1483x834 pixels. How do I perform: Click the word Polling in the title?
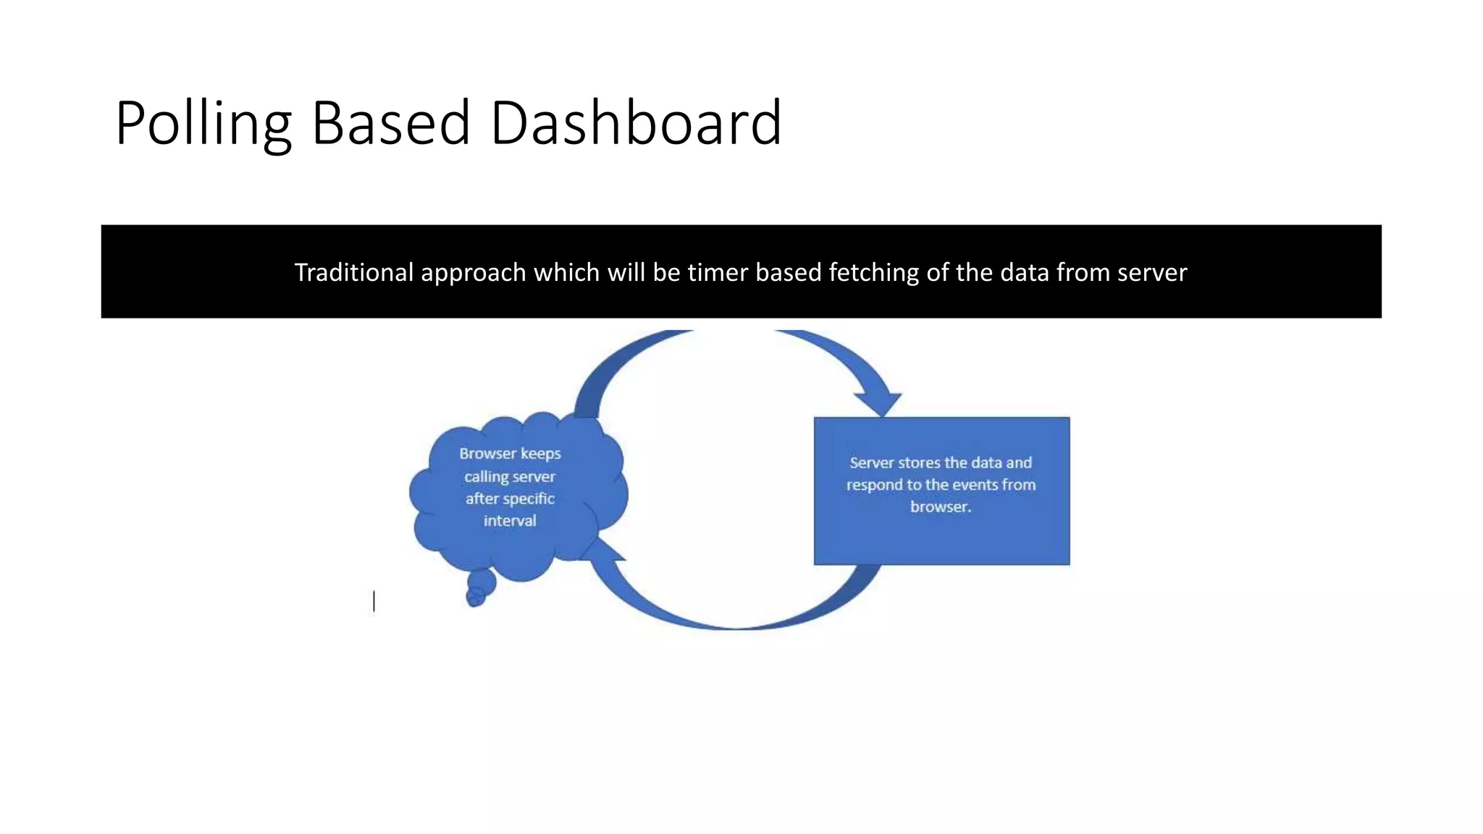pos(203,123)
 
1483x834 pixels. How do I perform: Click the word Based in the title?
pos(390,123)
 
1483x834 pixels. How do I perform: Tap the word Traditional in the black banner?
pos(353,272)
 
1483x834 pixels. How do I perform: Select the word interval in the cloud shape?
pos(510,521)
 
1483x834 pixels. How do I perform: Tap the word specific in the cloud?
pos(529,499)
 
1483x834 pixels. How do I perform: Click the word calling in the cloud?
pos(487,477)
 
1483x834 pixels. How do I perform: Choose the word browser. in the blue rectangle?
pos(941,507)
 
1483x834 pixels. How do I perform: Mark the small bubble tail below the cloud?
pos(479,585)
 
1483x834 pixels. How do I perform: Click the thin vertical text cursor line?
pos(374,602)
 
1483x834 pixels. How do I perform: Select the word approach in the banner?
pos(473,273)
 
